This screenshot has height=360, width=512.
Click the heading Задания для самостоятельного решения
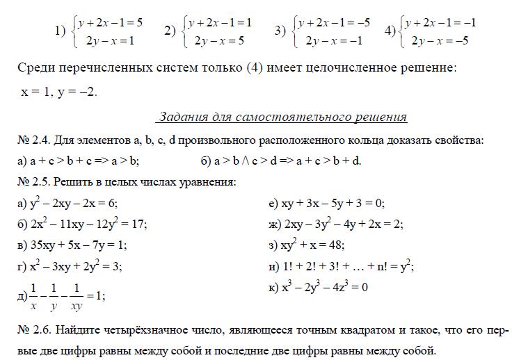282,117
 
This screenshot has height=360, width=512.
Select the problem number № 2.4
31,140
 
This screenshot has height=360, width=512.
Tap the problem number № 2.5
31,182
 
